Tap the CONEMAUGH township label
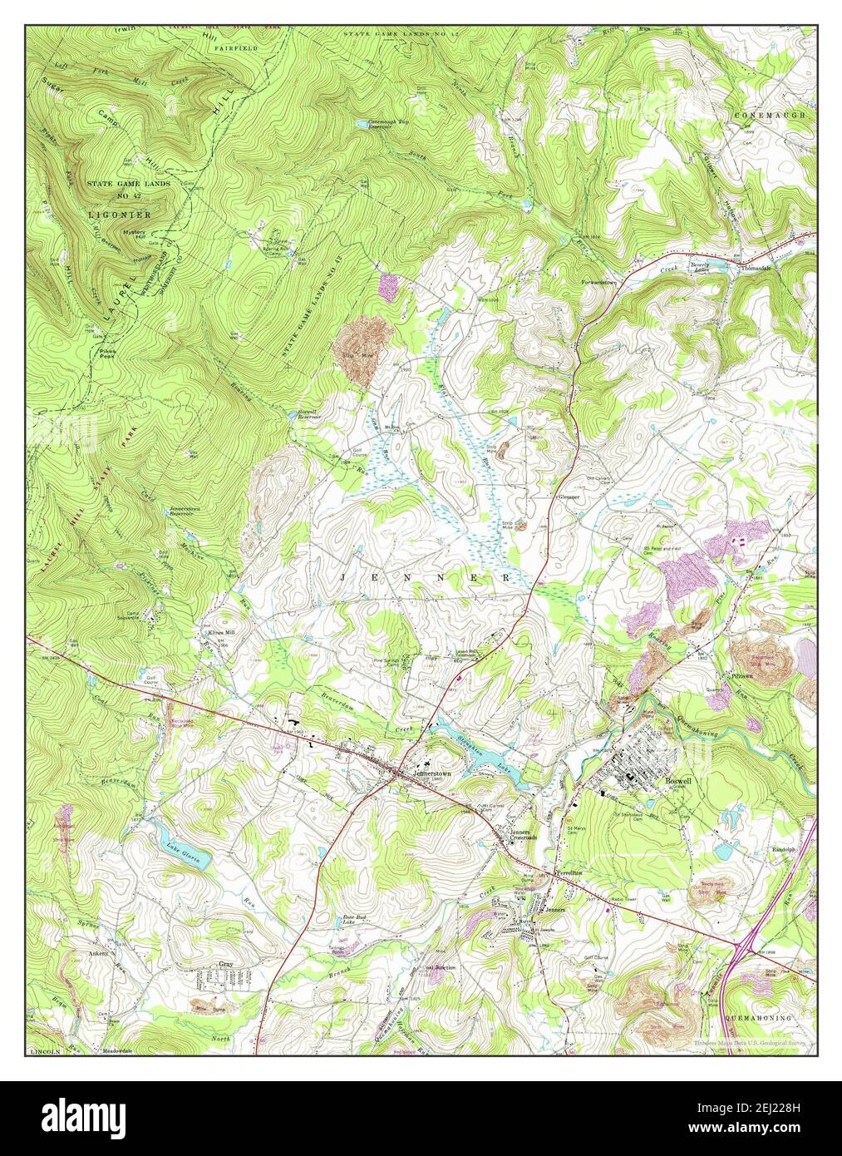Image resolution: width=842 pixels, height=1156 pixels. point(770,115)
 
